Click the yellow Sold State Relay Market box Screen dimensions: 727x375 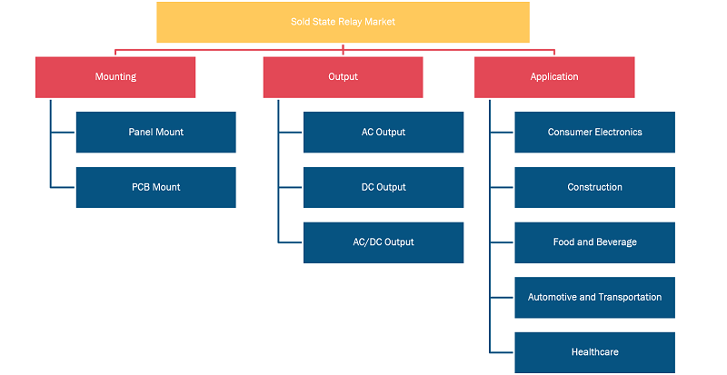pyautogui.click(x=344, y=23)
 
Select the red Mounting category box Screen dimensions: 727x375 pyautogui.click(x=115, y=77)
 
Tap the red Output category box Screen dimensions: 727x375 pyautogui.click(x=344, y=77)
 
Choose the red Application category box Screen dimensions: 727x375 pyautogui.click(x=554, y=77)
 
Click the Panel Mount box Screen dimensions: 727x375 pyautogui.click(x=155, y=132)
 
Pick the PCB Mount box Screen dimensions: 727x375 pyautogui.click(x=155, y=187)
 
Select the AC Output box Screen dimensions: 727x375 pyautogui.click(x=383, y=132)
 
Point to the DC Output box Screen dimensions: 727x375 pyautogui.click(x=383, y=187)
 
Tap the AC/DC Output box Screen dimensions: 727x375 pyautogui.click(x=383, y=242)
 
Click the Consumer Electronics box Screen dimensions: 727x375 pyautogui.click(x=595, y=132)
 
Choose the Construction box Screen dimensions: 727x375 pyautogui.click(x=595, y=187)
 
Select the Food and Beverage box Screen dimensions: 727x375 pyautogui.click(x=595, y=242)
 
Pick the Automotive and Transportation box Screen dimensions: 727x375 pyautogui.click(x=595, y=298)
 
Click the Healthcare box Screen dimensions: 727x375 pyautogui.click(x=595, y=352)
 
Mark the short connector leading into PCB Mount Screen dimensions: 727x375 pyautogui.click(x=63, y=187)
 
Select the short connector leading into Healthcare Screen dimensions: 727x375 pyautogui.click(x=502, y=352)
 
